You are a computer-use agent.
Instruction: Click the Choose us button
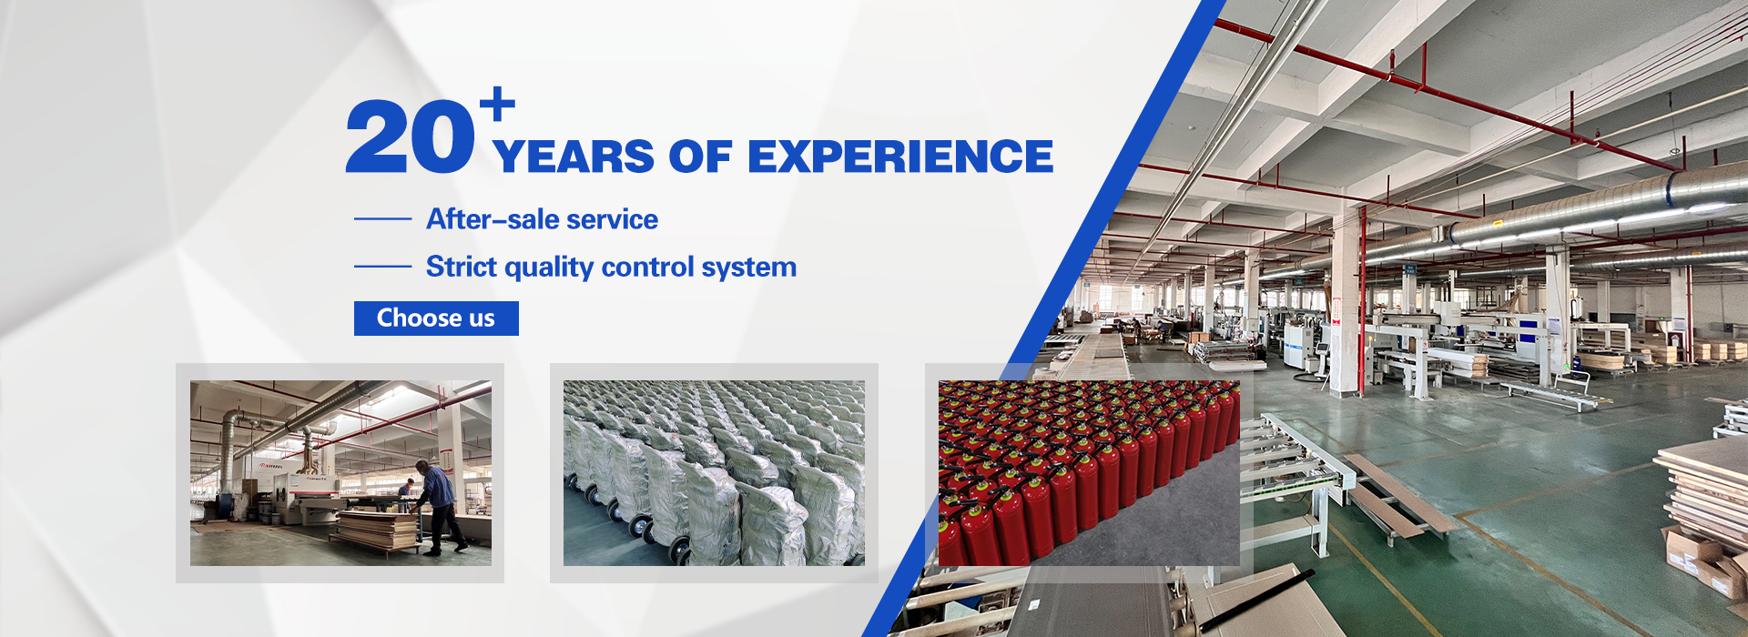click(x=436, y=318)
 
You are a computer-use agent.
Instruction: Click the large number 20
click(x=410, y=137)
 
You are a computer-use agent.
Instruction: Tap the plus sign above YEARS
click(x=497, y=104)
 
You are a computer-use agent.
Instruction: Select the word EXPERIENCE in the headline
click(x=900, y=157)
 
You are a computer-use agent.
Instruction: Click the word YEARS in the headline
click(x=574, y=157)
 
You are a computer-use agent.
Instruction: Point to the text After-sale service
click(x=542, y=219)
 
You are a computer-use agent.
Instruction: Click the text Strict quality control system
click(x=611, y=267)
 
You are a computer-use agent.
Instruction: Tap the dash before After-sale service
click(x=382, y=219)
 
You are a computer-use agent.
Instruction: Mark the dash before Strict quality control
click(x=382, y=267)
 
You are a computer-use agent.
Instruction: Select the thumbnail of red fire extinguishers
click(x=1089, y=473)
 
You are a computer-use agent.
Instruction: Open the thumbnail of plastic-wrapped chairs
click(x=714, y=473)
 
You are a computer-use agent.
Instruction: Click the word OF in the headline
click(x=700, y=157)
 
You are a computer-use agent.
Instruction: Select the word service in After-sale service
click(x=612, y=219)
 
